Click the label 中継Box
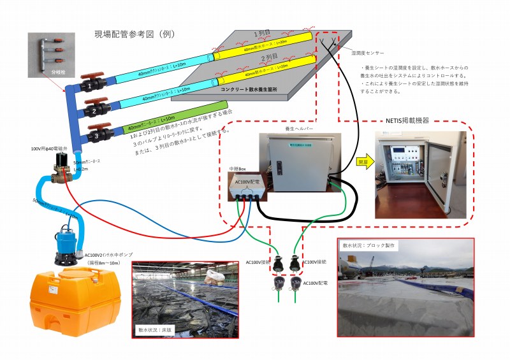point(238,169)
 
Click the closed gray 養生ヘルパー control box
point(297,162)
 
